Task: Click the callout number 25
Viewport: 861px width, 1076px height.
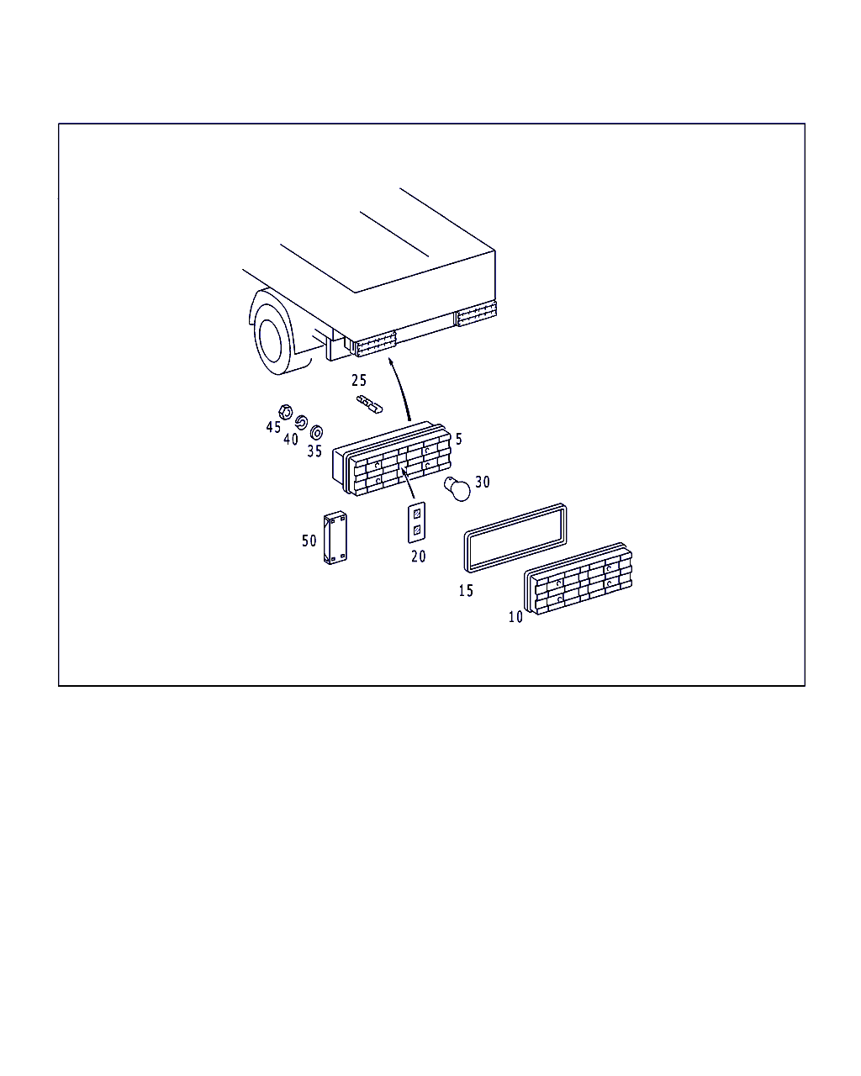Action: (x=359, y=381)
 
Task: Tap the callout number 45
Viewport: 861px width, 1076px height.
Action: (x=273, y=427)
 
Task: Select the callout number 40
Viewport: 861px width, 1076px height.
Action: (x=291, y=439)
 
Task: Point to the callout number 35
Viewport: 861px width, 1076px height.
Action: (x=314, y=451)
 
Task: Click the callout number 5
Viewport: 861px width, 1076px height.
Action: (x=459, y=439)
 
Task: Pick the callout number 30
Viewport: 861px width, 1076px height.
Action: (x=483, y=482)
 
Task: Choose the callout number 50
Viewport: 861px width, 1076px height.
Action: (x=309, y=541)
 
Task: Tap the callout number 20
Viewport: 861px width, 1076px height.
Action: (x=418, y=556)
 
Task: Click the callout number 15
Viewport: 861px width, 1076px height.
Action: (x=466, y=590)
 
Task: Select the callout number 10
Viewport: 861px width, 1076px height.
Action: (x=515, y=617)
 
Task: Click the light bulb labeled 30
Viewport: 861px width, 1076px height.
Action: (x=457, y=488)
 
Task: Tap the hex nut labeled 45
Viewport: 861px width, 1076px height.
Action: (x=285, y=412)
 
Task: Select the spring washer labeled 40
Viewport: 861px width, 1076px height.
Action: (x=301, y=423)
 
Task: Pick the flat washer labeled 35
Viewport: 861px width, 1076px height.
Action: (x=316, y=432)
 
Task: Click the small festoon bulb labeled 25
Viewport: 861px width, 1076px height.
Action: (x=369, y=404)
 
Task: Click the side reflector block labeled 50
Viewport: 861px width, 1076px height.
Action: (x=335, y=538)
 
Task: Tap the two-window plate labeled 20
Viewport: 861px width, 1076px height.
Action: (x=417, y=523)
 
